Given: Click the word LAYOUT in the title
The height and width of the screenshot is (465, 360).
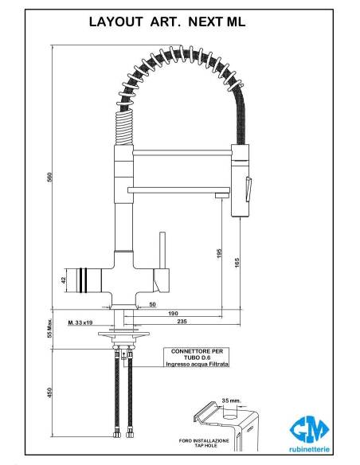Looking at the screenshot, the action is (x=116, y=22).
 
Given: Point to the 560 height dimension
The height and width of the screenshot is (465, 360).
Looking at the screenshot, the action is (x=50, y=178).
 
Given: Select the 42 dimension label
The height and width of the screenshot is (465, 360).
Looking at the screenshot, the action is (x=63, y=280).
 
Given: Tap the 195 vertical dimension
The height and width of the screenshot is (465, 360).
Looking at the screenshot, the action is (x=219, y=253).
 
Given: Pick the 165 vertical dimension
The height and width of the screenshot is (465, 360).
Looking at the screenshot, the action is (x=237, y=263).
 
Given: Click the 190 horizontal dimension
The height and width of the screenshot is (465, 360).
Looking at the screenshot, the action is (x=173, y=314).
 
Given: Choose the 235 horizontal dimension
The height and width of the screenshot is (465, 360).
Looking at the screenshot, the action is (x=182, y=321).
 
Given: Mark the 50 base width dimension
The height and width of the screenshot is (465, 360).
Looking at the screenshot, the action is (x=152, y=304).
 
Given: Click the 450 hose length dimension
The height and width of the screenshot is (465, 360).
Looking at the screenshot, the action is (x=50, y=393).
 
